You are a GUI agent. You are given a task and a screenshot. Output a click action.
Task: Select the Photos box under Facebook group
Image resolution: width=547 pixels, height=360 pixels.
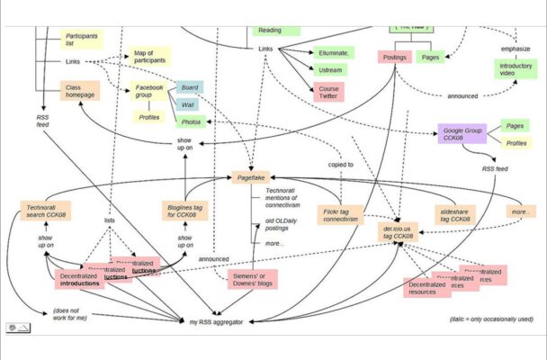click(191, 121)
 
